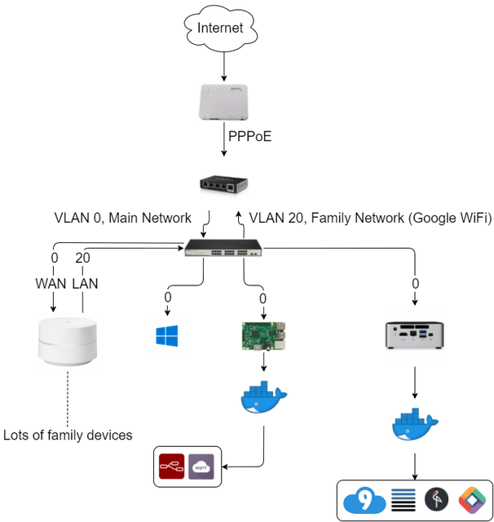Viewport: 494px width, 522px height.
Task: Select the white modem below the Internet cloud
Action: [223, 104]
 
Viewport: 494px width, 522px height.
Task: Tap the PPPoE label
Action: [249, 137]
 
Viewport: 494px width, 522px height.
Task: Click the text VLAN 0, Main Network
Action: [122, 218]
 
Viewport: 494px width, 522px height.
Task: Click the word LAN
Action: [84, 284]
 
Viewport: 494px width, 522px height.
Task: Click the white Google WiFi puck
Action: [69, 347]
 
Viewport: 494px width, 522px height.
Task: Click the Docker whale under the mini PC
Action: [415, 423]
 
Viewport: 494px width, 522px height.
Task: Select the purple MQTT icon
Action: [201, 467]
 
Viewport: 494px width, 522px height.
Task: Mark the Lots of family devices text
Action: [68, 435]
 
